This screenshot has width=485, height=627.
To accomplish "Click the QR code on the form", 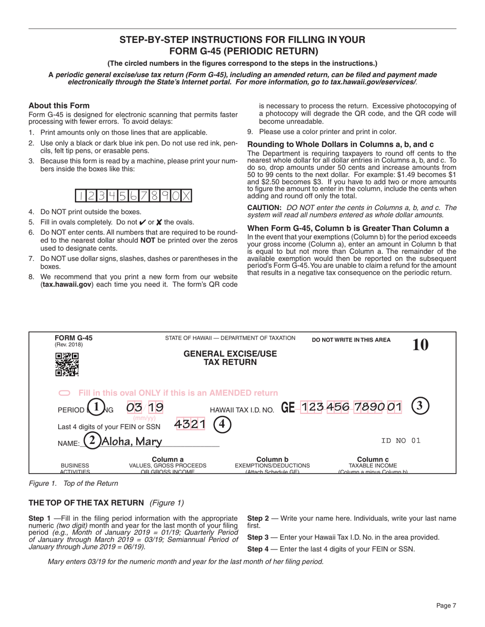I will (x=67, y=364).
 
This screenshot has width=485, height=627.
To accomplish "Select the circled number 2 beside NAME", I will (x=92, y=440).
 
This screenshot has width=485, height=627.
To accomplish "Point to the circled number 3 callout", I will (x=420, y=406).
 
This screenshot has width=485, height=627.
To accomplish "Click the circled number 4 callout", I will (x=222, y=424).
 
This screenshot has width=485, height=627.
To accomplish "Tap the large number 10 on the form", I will (x=420, y=345).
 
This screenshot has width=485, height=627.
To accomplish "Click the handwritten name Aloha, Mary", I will (x=132, y=441).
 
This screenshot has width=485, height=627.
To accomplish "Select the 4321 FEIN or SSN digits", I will (x=190, y=424).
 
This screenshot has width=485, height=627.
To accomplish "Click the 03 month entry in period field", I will (x=135, y=407).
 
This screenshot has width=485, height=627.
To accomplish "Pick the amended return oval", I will (x=64, y=393).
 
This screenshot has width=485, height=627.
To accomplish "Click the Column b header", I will (x=272, y=459).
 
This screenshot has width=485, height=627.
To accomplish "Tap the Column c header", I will (x=373, y=459).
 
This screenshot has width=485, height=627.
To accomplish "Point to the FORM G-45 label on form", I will (x=74, y=338).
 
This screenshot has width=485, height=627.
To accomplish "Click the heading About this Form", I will (x=59, y=106).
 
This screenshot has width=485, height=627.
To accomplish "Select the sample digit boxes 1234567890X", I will (x=134, y=196).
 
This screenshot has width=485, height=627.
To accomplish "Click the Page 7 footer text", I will (x=446, y=606).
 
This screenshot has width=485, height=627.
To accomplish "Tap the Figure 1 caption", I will (x=73, y=483).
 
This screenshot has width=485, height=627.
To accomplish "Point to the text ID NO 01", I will (x=401, y=440).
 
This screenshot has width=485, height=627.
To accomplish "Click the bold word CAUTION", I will (x=264, y=208).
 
